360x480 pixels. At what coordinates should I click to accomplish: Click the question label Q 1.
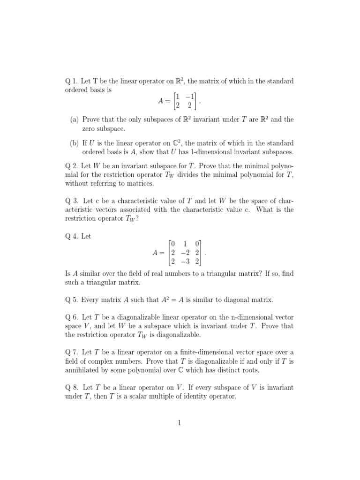(71, 81)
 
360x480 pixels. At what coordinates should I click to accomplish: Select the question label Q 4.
(71, 236)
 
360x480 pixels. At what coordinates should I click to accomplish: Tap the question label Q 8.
(71, 388)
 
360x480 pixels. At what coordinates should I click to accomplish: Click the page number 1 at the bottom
(179, 423)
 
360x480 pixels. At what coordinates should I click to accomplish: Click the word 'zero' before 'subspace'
(89, 128)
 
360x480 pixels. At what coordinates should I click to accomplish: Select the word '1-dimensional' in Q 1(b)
(204, 152)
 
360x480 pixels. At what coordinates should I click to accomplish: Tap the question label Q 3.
(71, 201)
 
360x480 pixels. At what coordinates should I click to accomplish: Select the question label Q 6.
(71, 317)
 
